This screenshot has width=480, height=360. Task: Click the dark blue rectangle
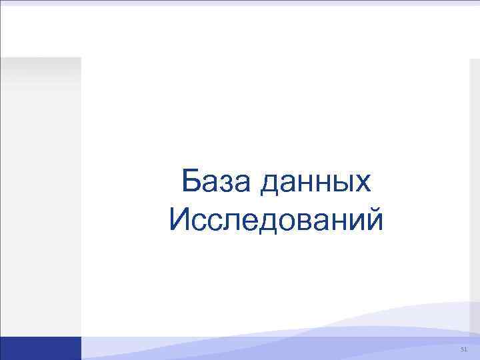coord(41,348)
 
